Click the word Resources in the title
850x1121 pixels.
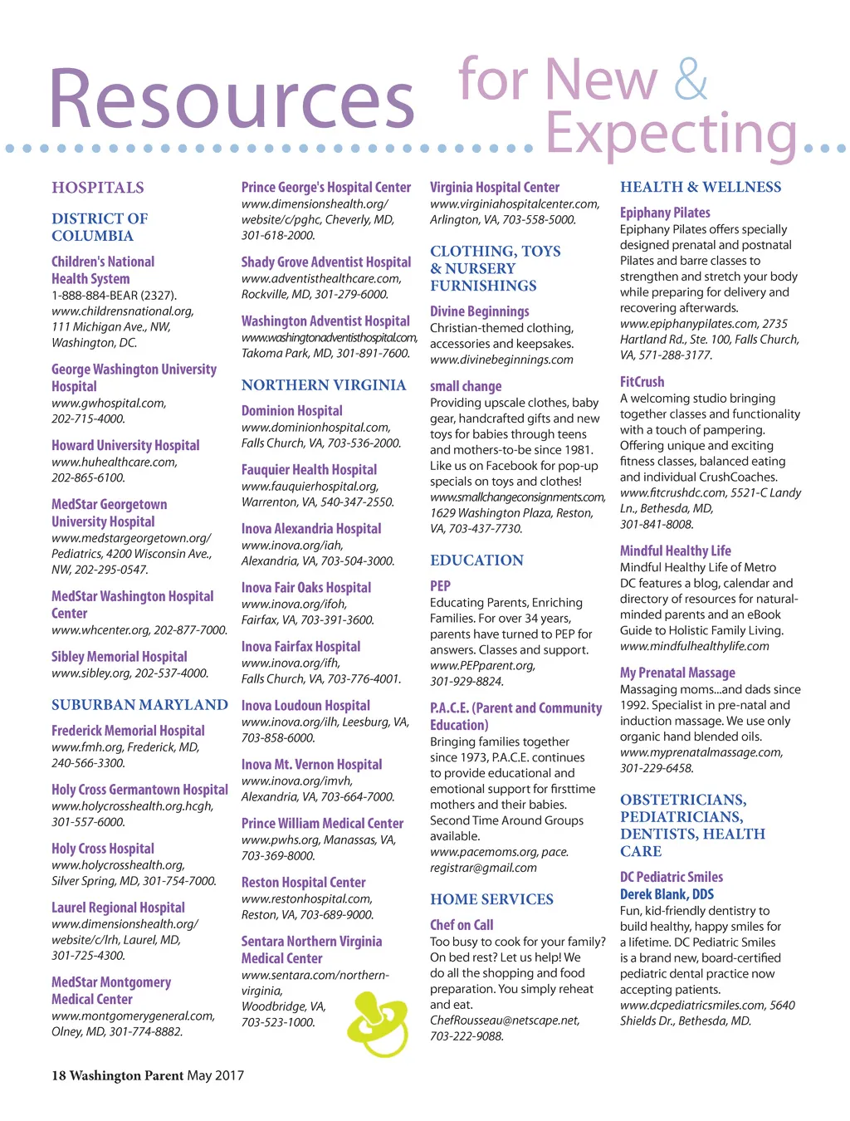click(232, 100)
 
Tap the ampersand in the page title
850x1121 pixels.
click(691, 79)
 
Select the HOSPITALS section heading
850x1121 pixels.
click(98, 188)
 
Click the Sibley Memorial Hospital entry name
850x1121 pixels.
click(120, 657)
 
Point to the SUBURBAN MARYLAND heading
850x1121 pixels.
click(139, 705)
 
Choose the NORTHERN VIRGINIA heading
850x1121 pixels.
click(324, 385)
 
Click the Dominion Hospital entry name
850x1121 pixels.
click(292, 411)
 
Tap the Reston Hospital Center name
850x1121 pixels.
click(304, 883)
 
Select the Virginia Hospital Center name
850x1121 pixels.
click(495, 188)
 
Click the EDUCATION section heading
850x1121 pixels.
click(476, 560)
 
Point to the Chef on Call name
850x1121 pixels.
click(462, 925)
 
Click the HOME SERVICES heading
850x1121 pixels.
click(491, 899)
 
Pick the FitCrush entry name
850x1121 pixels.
click(642, 382)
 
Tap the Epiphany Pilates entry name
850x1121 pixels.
click(665, 213)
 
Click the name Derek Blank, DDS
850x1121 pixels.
click(667, 894)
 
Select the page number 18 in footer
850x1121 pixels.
click(58, 1076)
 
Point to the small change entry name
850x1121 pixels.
click(466, 386)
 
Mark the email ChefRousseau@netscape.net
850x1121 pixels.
click(505, 1021)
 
